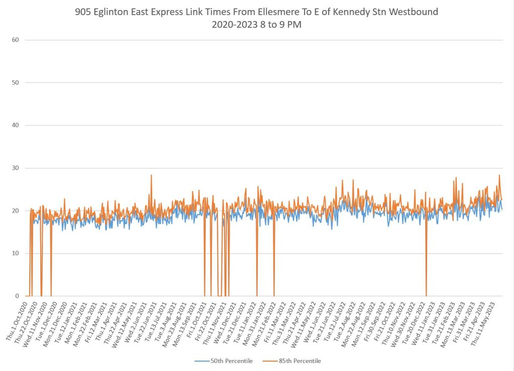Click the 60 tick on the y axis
(15, 40)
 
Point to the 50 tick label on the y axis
(15, 82)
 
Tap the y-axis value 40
(15, 125)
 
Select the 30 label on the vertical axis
(15, 168)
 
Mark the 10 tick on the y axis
(15, 253)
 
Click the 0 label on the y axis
(17, 296)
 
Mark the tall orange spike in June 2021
(151, 175)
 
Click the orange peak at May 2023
(499, 175)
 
